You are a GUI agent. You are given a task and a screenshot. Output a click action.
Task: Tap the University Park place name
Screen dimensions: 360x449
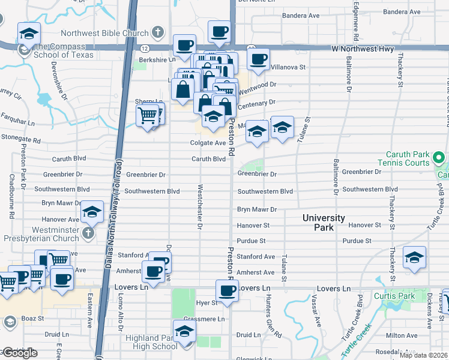pyautogui.click(x=324, y=223)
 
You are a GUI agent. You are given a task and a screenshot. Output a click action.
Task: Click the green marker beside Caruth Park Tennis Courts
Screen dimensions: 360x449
pyautogui.click(x=439, y=158)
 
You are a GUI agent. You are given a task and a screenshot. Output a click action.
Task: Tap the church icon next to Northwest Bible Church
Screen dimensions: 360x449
pyautogui.click(x=157, y=32)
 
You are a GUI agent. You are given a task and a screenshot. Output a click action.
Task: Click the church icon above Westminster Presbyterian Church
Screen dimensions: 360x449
pyautogui.click(x=88, y=232)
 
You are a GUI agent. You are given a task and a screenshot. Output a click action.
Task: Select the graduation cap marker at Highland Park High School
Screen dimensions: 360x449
pyautogui.click(x=184, y=331)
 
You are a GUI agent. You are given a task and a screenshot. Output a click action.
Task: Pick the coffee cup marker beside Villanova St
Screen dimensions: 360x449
pyautogui.click(x=259, y=59)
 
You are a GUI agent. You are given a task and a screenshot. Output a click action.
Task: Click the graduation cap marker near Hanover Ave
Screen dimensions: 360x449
pyautogui.click(x=92, y=212)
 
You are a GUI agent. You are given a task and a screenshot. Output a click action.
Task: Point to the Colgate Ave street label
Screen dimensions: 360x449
pyautogui.click(x=208, y=143)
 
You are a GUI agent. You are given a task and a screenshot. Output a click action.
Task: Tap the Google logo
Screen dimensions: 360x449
pyautogui.click(x=19, y=353)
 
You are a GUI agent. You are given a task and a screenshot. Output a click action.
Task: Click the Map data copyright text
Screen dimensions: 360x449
pyautogui.click(x=423, y=355)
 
